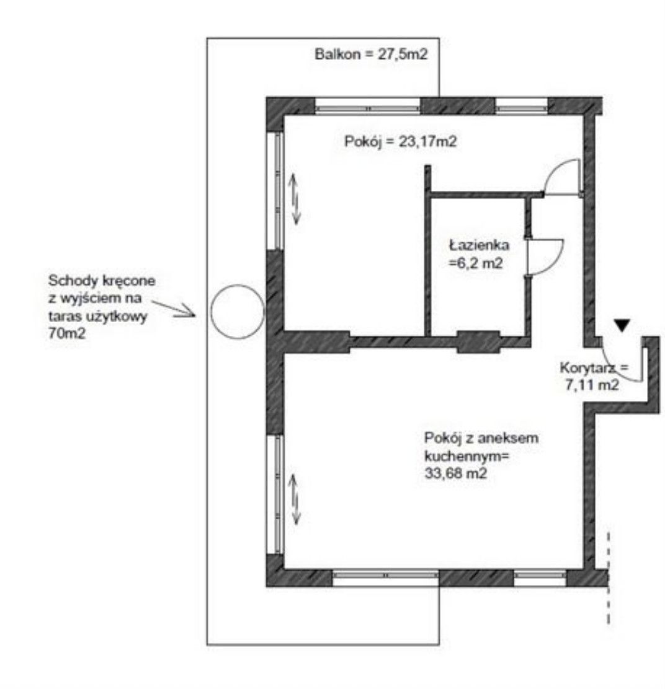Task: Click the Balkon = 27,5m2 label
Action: [371, 54]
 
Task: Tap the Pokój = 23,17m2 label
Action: [400, 141]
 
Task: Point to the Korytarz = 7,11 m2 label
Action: [594, 376]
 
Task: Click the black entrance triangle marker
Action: [622, 325]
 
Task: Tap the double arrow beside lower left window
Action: [295, 500]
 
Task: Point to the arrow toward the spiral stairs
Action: [173, 308]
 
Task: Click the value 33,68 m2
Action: [456, 473]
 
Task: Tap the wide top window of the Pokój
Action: [368, 106]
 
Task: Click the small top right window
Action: [522, 106]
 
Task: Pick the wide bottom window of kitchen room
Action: [386, 578]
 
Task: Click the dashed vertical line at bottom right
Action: [609, 578]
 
